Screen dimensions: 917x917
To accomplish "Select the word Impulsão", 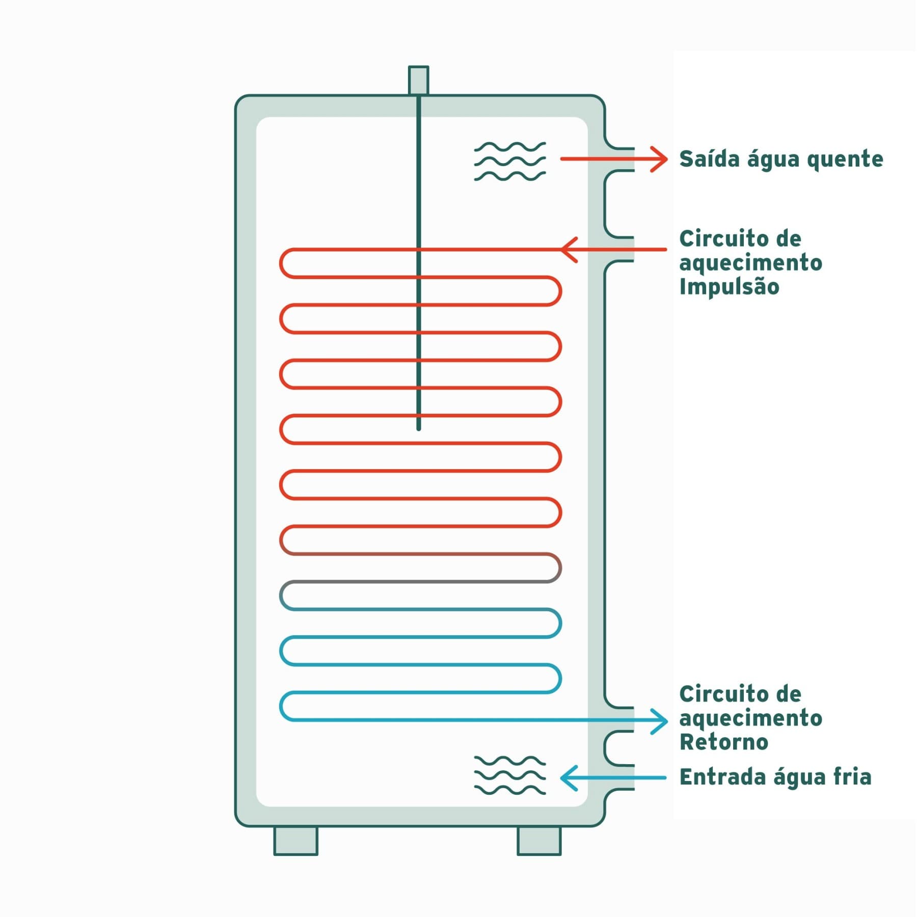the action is pyautogui.click(x=729, y=286).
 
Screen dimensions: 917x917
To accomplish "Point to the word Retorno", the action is pyautogui.click(x=724, y=742).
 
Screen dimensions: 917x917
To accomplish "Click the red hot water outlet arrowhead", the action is pyautogui.click(x=660, y=159).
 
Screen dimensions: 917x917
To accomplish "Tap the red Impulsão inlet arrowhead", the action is pyautogui.click(x=569, y=250).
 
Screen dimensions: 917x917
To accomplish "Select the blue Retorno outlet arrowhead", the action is pyautogui.click(x=660, y=721).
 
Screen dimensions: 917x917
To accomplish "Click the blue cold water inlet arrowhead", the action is pyautogui.click(x=569, y=778).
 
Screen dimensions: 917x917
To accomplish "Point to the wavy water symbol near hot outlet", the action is pyautogui.click(x=510, y=161).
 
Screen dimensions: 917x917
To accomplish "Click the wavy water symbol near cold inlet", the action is pyautogui.click(x=510, y=775).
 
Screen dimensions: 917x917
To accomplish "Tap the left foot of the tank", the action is pyautogui.click(x=296, y=841).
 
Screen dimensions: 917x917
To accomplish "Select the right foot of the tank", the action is pyautogui.click(x=539, y=841).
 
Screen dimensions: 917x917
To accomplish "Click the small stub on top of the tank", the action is pyautogui.click(x=418, y=80).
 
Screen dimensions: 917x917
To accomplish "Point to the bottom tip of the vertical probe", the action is pyautogui.click(x=419, y=429).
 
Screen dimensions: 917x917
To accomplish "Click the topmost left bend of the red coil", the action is pyautogui.click(x=281, y=263).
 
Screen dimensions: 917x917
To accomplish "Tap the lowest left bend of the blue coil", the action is pyautogui.click(x=281, y=706).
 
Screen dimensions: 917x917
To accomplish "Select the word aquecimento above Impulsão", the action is pyautogui.click(x=751, y=263).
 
